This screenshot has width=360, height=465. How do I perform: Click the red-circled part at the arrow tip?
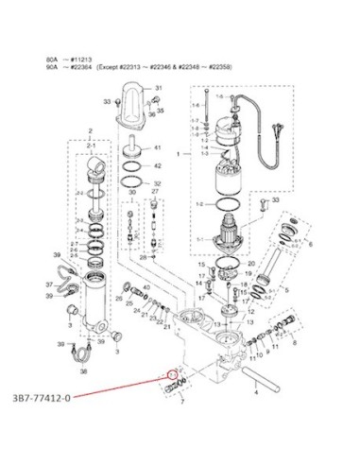tap(170, 372)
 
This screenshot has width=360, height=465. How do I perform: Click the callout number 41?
tap(159, 148)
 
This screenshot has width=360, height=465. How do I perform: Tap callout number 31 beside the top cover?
tap(159, 88)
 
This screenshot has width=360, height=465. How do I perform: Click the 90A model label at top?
tap(52, 68)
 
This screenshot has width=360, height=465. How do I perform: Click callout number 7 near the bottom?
tap(181, 402)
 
